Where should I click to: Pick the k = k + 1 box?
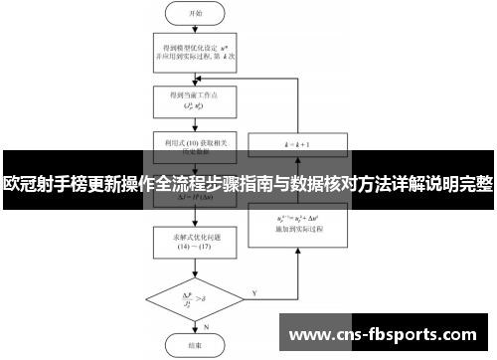[297, 145]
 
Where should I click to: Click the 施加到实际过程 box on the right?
[297, 221]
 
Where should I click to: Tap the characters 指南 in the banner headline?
[260, 186]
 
